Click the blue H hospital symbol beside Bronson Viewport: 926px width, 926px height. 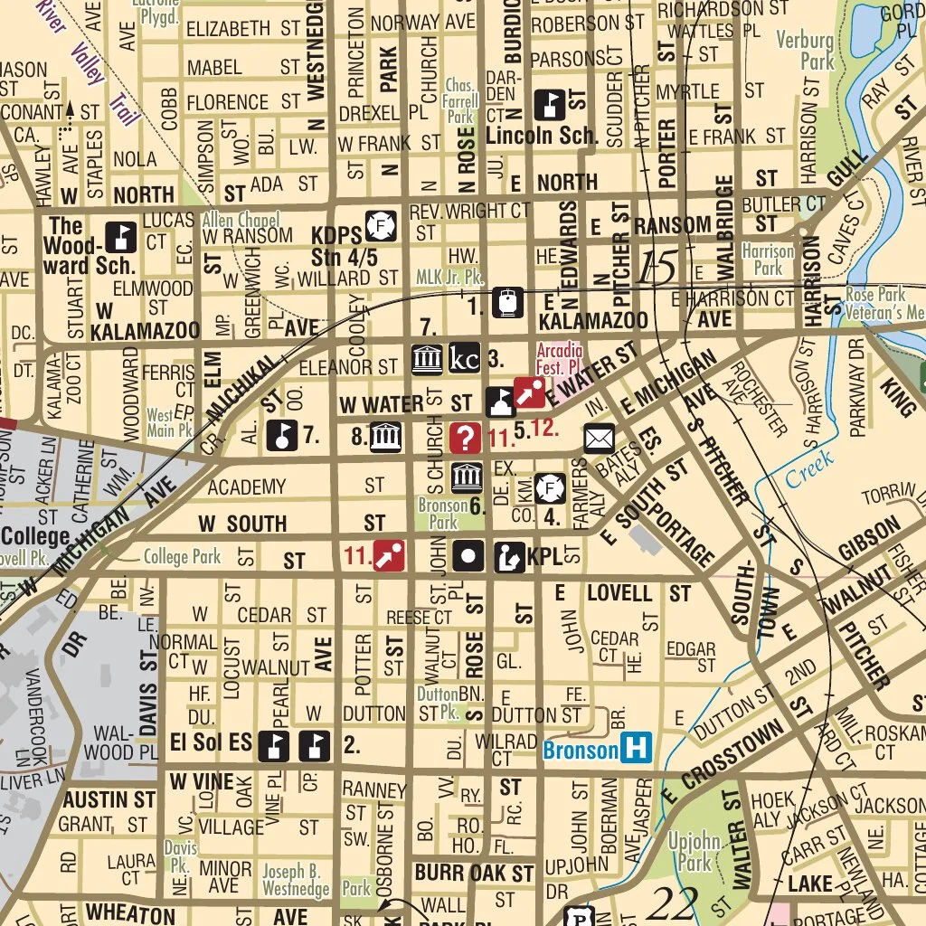coord(639,749)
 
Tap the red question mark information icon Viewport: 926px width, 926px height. coord(466,439)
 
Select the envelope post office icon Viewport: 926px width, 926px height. coord(599,439)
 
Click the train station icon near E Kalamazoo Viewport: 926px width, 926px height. coord(506,301)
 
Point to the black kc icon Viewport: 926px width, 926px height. coord(464,358)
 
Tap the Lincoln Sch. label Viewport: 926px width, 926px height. coord(542,137)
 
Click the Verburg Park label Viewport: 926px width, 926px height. coord(806,52)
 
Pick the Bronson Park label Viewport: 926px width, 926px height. coord(444,514)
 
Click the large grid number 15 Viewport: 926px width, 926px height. coord(657,269)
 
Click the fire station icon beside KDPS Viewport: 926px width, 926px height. coord(382,226)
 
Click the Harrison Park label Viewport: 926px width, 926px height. coord(767,260)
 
